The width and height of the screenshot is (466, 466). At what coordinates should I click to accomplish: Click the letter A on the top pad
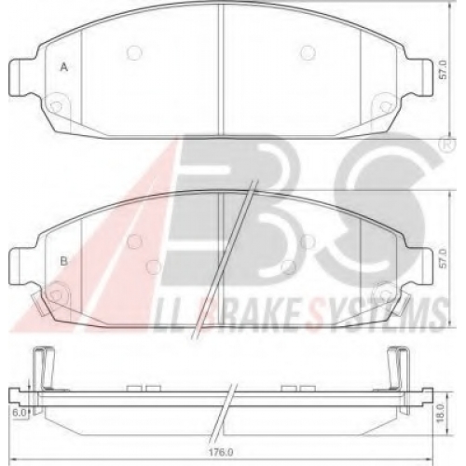pos(63,67)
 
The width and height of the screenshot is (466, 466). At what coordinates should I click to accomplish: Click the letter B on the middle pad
pos(63,261)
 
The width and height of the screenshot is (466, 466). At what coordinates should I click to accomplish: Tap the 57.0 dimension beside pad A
pos(443,70)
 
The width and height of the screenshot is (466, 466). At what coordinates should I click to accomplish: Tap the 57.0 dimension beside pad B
pos(443,258)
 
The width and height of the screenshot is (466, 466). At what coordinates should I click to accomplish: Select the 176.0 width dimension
pos(221,452)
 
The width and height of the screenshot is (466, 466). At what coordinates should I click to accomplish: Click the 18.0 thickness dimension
pos(440,413)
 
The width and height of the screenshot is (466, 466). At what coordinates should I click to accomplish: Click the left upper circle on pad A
pos(134,53)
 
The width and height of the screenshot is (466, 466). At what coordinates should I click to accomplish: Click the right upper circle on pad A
pos(308,53)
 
